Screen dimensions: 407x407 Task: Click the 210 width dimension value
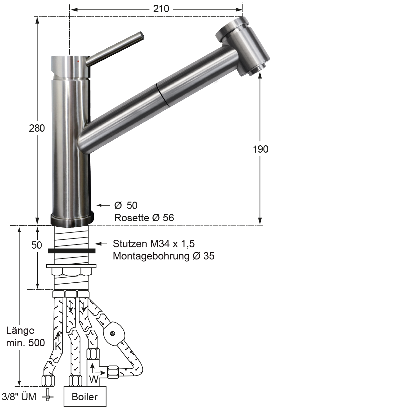click(x=161, y=9)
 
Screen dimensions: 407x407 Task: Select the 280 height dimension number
click(x=37, y=128)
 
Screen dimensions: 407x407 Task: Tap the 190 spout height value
click(x=261, y=149)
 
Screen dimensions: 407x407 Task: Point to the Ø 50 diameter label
click(x=126, y=205)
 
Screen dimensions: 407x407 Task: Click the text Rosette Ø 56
click(x=144, y=218)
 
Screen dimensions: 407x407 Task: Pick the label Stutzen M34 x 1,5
click(x=154, y=244)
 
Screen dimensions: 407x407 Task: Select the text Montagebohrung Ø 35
click(x=164, y=256)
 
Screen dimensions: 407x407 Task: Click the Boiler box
click(x=85, y=397)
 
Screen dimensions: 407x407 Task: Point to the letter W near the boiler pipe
click(x=93, y=379)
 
